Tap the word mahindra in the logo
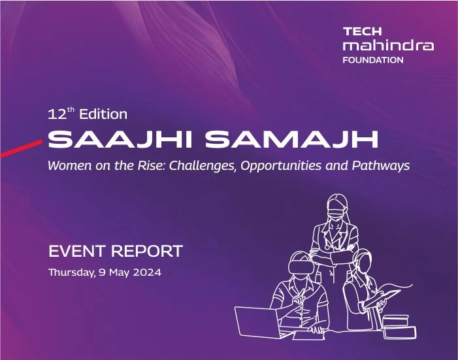(x=387, y=46)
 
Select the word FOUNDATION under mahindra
(x=373, y=60)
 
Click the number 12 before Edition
(x=57, y=114)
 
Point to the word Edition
(x=103, y=114)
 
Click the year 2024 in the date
(x=144, y=271)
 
